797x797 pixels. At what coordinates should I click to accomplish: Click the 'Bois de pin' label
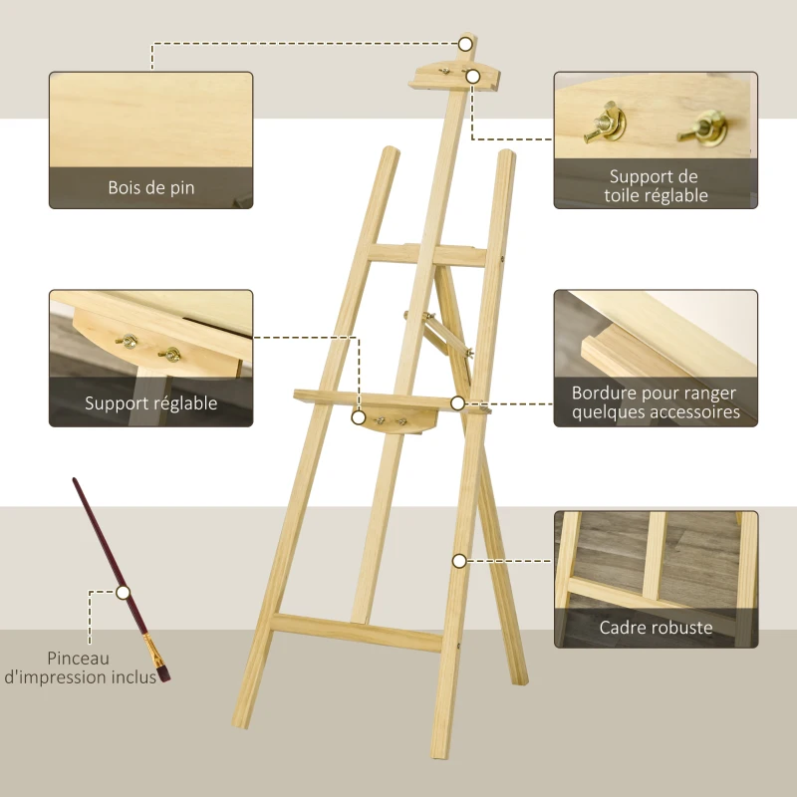tap(151, 187)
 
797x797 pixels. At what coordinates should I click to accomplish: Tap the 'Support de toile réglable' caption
tap(656, 186)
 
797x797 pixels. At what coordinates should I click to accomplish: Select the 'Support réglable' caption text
tap(151, 403)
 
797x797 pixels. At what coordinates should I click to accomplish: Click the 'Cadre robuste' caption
tap(656, 628)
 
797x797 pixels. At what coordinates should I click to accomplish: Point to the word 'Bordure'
tap(604, 394)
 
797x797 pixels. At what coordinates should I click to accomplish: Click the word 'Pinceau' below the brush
tap(77, 659)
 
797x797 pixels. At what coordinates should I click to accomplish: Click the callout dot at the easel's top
tap(465, 43)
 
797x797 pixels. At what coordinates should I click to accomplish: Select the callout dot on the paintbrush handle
tap(123, 592)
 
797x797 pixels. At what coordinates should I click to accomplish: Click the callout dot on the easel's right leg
tap(459, 561)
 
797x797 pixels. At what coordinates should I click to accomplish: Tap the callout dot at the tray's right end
tap(457, 403)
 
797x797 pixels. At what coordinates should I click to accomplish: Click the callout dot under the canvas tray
tap(359, 419)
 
